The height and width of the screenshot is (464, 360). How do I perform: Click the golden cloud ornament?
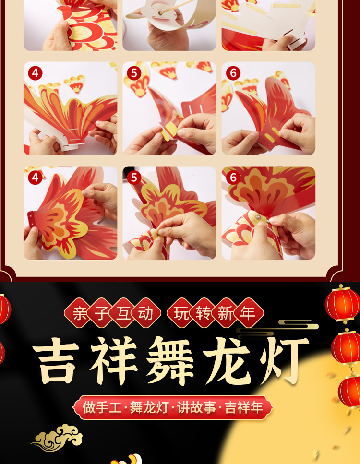pyautogui.click(x=58, y=437)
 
